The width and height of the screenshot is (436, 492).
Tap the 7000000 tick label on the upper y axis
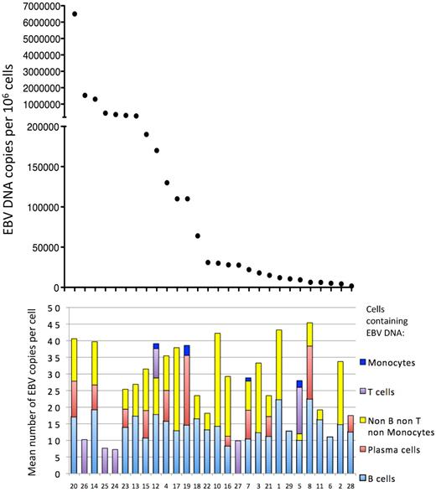click(x=36, y=6)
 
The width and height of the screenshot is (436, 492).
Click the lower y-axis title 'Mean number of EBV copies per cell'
click(x=10, y=390)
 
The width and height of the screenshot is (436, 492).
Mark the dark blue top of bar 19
click(x=187, y=350)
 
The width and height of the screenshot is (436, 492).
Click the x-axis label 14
click(x=94, y=484)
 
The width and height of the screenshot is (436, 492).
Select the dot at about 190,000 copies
click(x=146, y=134)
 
